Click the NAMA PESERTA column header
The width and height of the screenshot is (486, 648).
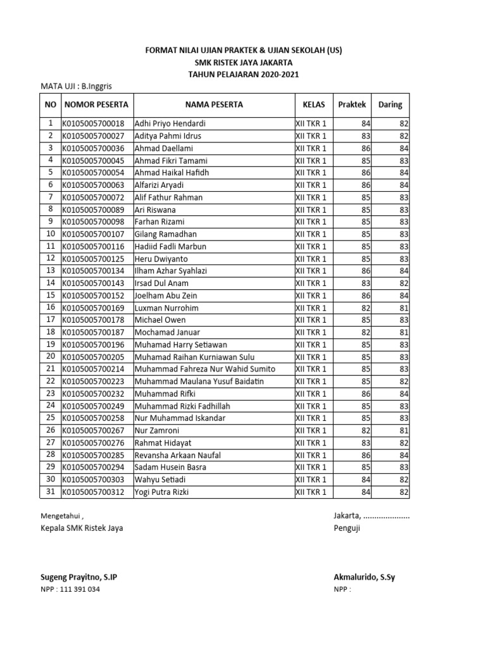click(213, 104)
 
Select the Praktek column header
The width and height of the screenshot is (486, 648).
click(351, 104)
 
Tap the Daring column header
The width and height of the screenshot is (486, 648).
click(390, 104)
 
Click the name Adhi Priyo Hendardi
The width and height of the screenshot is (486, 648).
click(170, 123)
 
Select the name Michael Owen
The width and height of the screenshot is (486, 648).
click(160, 320)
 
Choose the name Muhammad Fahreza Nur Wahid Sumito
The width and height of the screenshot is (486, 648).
click(205, 369)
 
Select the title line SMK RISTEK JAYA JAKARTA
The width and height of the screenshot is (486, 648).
click(244, 63)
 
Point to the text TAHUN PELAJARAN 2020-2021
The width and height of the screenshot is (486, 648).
click(244, 75)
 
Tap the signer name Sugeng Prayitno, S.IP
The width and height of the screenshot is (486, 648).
click(78, 577)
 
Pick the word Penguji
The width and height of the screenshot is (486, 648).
click(347, 529)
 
